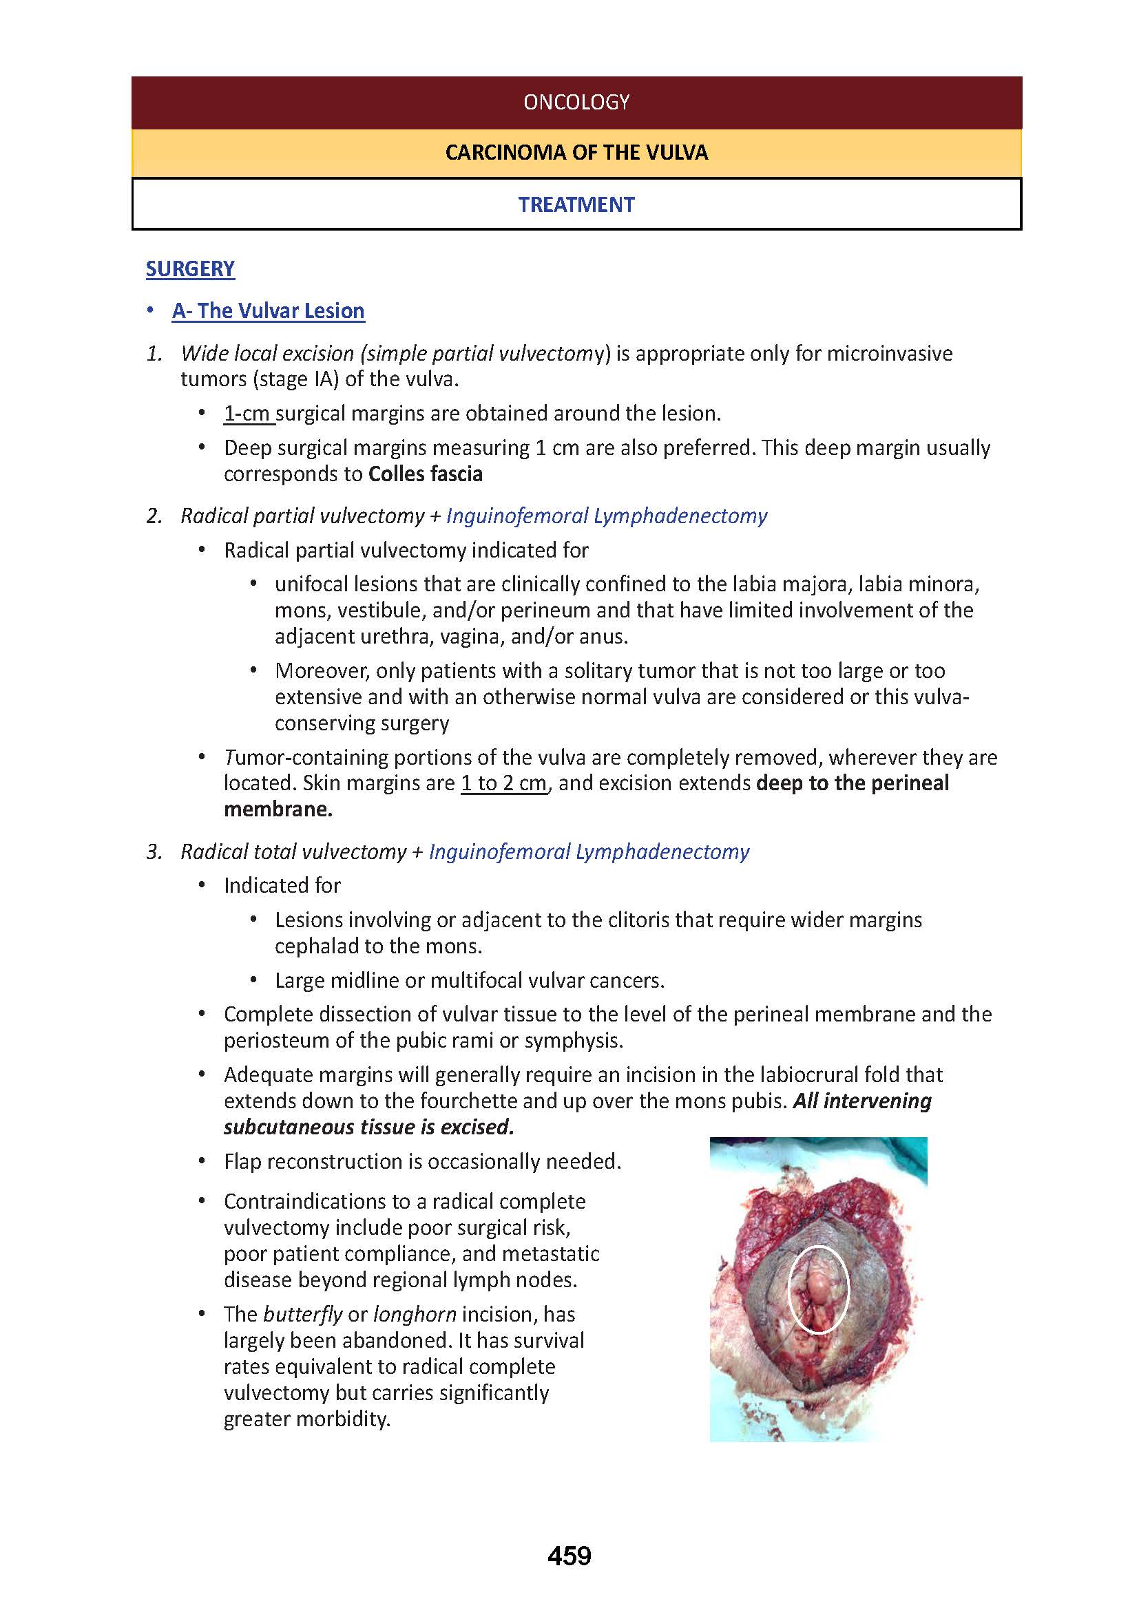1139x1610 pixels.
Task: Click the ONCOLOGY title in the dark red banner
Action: coord(576,103)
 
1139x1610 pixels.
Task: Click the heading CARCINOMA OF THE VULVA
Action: coord(576,153)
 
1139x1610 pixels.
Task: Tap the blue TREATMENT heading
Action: coord(576,204)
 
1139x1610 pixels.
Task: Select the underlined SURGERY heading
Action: coord(190,268)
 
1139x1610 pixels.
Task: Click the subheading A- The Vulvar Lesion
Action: coord(268,310)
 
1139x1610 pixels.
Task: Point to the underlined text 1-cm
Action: coord(247,414)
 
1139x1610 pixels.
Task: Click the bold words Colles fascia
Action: coord(425,474)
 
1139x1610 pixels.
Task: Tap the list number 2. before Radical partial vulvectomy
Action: coord(154,516)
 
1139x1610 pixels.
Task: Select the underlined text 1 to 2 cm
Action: coord(503,783)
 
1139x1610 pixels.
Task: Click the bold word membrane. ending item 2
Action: coord(278,809)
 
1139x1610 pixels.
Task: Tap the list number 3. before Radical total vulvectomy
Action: coord(154,852)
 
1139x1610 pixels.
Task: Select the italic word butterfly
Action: coord(302,1314)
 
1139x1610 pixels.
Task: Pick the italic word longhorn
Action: coord(415,1314)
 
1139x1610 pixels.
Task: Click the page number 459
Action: coord(569,1556)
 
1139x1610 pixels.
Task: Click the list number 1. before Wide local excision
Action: coord(154,353)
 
